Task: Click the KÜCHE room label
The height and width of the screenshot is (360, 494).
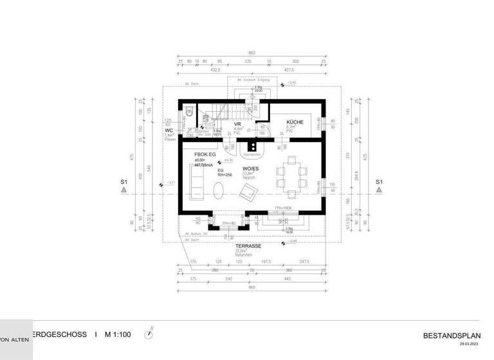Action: click(295, 122)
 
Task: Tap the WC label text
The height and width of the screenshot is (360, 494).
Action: click(169, 130)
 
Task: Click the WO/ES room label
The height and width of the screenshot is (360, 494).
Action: click(251, 168)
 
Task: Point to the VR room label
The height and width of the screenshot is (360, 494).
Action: click(237, 123)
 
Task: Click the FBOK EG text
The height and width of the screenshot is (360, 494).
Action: click(205, 155)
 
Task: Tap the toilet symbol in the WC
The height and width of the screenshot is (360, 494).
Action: click(188, 113)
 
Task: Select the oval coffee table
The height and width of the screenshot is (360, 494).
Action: click(219, 190)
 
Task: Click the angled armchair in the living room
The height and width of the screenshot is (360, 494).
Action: click(247, 190)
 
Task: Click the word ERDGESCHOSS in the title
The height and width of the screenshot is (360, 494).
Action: click(62, 335)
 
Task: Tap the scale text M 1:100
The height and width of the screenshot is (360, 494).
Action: click(117, 335)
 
